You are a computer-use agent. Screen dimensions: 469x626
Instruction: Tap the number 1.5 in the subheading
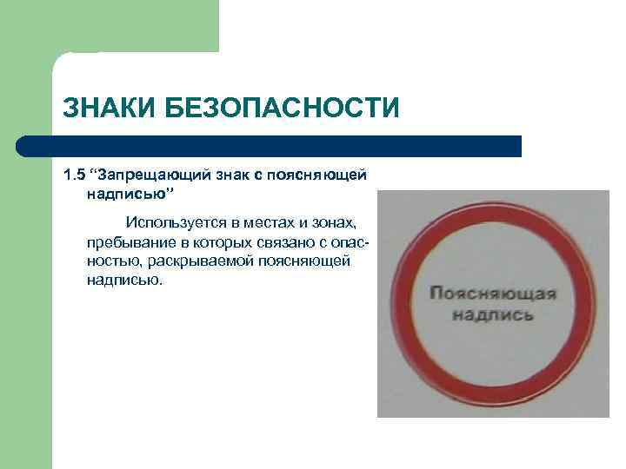point(75,175)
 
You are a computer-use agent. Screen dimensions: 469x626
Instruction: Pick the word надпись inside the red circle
point(493,314)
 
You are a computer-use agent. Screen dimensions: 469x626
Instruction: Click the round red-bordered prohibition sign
point(493,301)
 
